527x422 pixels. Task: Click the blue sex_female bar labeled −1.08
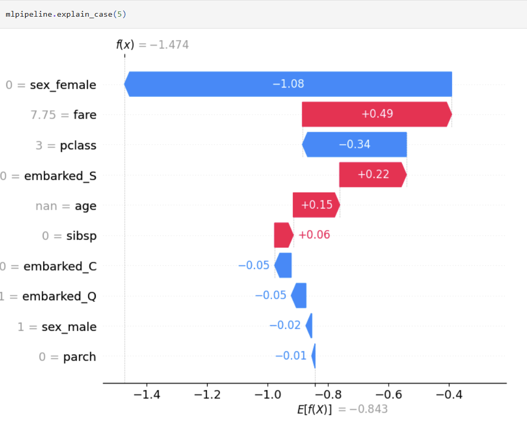288,84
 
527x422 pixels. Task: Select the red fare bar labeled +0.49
377,114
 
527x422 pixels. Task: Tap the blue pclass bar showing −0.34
354,145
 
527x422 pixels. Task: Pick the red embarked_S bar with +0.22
372,175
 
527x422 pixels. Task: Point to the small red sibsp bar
284,235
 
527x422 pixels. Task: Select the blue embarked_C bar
284,265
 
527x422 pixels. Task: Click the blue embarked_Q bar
299,296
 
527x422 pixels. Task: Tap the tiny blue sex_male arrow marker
309,326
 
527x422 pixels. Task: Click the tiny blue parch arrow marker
313,356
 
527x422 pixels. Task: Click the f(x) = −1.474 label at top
152,45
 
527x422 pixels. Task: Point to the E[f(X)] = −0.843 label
342,410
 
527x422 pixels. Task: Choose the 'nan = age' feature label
66,206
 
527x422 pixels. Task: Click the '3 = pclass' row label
66,146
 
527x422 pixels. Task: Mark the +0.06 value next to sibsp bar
314,235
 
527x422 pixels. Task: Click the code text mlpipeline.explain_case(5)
66,14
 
